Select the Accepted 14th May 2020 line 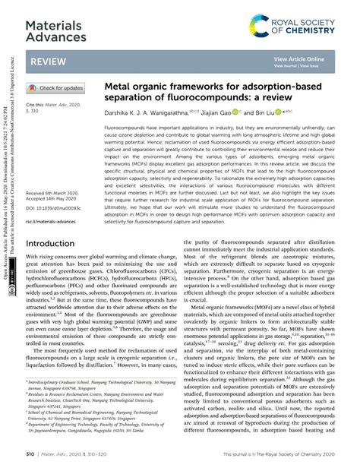click(x=55, y=201)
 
